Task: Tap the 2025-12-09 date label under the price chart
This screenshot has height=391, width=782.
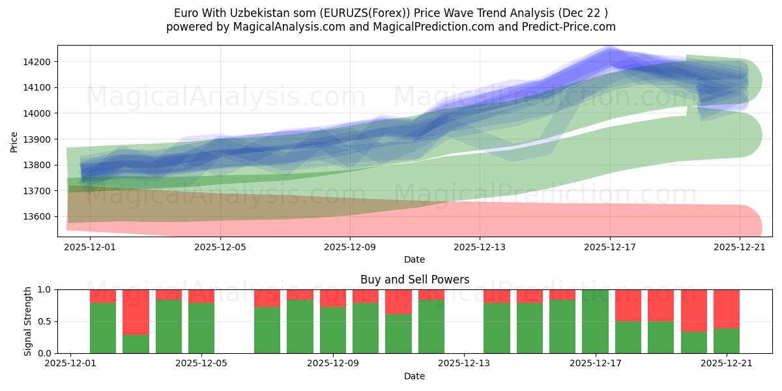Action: [350, 247]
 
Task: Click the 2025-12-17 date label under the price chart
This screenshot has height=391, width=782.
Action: [610, 247]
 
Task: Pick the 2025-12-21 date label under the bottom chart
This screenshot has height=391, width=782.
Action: [727, 364]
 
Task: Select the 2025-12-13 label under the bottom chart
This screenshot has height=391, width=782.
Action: [463, 364]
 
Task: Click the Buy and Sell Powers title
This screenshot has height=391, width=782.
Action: [414, 280]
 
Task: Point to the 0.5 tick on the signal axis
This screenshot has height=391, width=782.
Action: [46, 321]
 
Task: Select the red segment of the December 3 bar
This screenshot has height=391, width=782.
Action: [136, 311]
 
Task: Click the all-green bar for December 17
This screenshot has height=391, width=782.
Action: [595, 321]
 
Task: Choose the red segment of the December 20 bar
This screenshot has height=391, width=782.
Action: [693, 310]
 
